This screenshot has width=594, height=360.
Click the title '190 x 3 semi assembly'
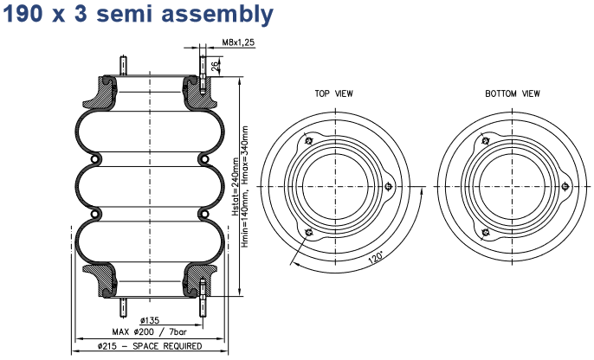pos(139,15)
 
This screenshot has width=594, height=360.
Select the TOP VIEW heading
pos(333,93)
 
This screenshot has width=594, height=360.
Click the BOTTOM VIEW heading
pos(512,93)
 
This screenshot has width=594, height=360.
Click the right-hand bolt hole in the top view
pos(390,185)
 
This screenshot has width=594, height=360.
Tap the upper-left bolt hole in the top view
pos(308,141)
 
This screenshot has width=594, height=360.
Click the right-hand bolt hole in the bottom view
pos(565,185)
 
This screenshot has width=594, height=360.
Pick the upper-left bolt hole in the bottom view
pos(486,141)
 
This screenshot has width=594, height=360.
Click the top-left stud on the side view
pos(124,66)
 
